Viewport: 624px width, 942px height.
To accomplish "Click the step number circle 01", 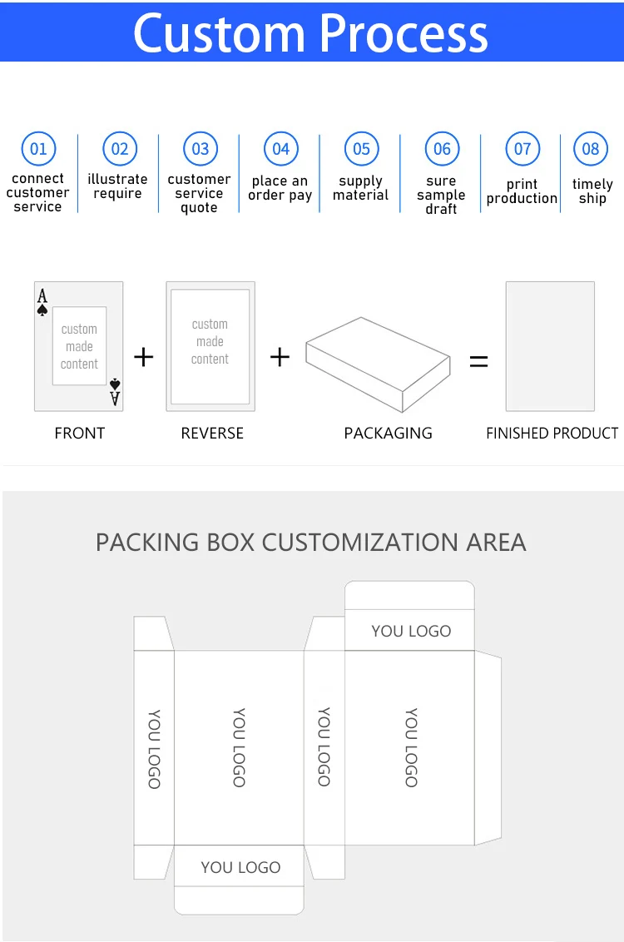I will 38,149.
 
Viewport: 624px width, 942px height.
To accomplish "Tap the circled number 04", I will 281,149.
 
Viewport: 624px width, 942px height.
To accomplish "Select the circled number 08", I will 591,149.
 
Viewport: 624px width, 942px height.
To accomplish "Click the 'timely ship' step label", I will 592,191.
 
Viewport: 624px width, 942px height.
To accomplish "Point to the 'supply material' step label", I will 361,188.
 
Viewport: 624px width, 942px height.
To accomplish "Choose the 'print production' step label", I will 522,191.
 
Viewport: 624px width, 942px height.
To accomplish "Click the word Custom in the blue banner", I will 218,33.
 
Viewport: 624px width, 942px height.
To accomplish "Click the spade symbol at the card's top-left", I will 42,310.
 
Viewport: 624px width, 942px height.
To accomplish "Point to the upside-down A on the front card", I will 115,399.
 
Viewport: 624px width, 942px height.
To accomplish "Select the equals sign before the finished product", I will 478,361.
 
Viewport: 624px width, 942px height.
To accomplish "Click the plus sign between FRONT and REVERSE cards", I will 144,358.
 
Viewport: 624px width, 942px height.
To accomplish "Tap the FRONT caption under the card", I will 80,434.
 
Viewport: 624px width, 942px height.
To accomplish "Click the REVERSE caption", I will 212,434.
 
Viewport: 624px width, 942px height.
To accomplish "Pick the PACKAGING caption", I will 388,434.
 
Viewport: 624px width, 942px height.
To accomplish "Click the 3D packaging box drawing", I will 378,363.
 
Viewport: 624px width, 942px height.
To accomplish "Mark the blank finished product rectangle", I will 550,346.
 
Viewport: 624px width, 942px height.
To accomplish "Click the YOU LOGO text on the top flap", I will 411,631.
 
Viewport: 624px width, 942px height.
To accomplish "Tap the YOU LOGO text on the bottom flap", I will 240,867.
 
